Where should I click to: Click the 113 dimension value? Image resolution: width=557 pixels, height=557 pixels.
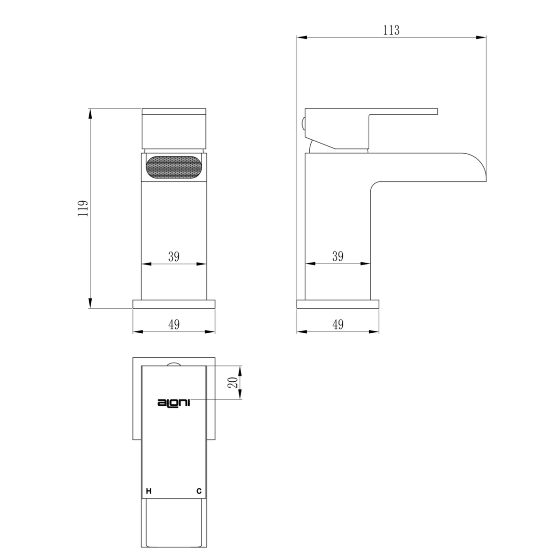click(x=391, y=30)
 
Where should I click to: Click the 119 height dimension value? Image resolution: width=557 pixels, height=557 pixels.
click(x=83, y=208)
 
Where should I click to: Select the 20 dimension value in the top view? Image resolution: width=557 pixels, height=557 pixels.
click(x=233, y=382)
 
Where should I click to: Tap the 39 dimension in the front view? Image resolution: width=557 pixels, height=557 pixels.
click(x=174, y=256)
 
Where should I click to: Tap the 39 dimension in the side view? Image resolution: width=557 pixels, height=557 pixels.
click(x=338, y=256)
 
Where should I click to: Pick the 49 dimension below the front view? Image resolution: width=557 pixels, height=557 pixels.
click(x=174, y=324)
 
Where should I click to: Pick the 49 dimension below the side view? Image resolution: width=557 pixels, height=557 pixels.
click(x=338, y=324)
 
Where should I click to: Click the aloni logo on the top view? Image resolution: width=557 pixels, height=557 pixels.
click(x=174, y=403)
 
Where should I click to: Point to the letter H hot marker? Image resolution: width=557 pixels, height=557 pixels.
click(x=149, y=491)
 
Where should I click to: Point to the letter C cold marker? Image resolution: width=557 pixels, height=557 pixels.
click(x=199, y=491)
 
